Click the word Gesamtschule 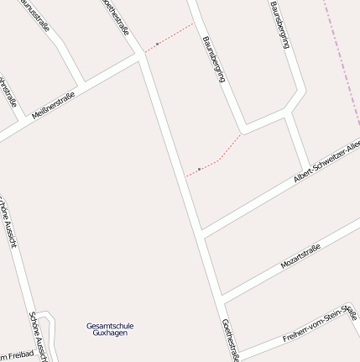coord(110,326)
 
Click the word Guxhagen coord(110,333)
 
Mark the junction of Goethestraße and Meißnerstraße coord(140,58)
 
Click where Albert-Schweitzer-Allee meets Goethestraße coord(201,231)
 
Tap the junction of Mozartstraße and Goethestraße coord(221,297)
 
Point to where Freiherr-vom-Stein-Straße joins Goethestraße coord(237,351)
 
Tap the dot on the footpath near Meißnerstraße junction coord(157,44)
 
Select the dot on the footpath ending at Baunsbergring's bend coord(199,169)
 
